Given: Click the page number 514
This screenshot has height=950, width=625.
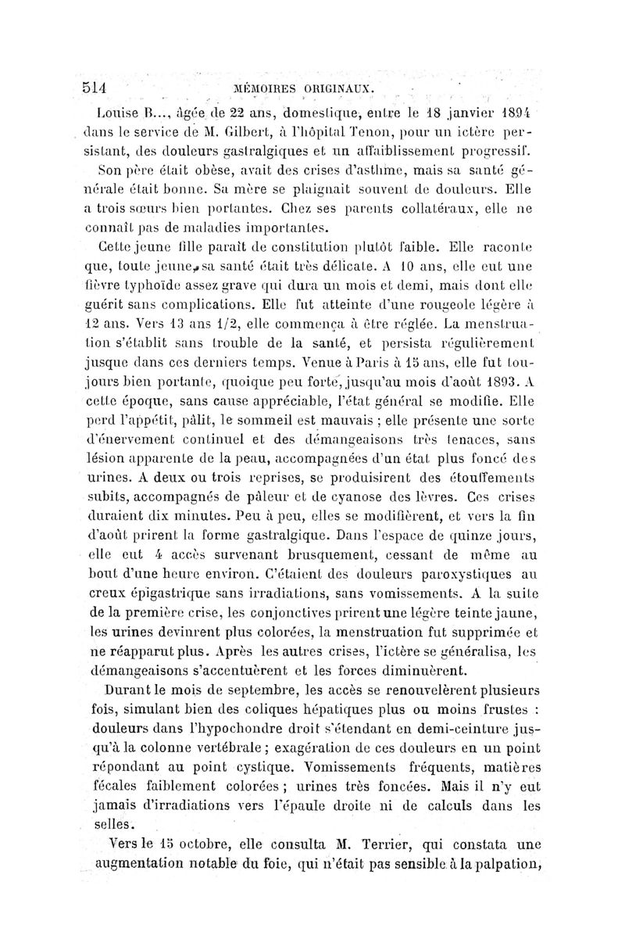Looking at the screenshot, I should (98, 84).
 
